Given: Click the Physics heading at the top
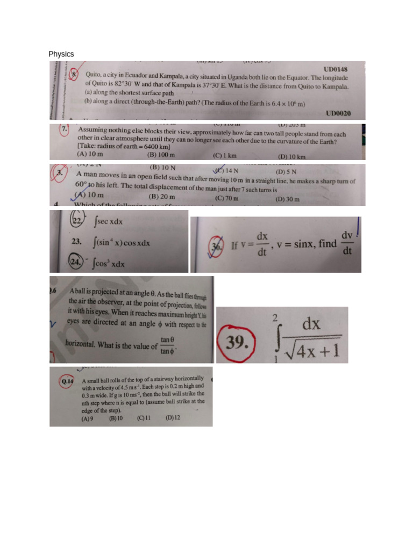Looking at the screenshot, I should point(61,54).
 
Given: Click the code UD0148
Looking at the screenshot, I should point(336,69).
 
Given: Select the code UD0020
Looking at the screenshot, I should point(338,113).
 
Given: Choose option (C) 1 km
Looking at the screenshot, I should point(225,156).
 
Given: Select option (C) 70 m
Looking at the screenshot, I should point(227,198).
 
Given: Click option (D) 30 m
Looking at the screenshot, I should point(287,199).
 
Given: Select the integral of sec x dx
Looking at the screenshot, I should point(109,221).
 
